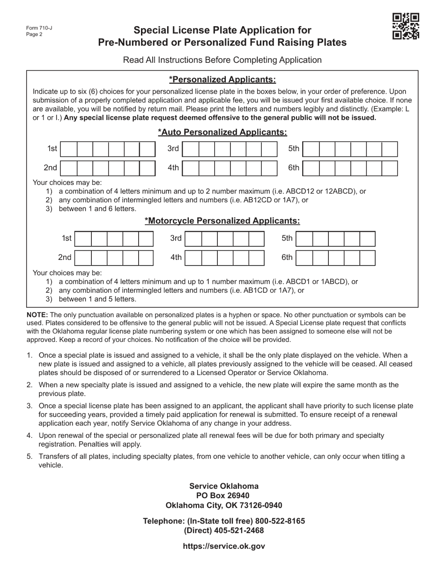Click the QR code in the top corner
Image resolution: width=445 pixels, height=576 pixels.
coord(406,26)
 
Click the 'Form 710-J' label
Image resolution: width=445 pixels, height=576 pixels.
coord(39,28)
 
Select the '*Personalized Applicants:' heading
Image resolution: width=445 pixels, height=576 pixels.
coord(222,79)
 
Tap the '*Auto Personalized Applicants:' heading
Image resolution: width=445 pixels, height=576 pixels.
coord(222,132)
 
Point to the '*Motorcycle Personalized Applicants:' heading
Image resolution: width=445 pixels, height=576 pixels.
coord(222,221)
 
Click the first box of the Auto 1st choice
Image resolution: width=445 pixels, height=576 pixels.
coord(69,149)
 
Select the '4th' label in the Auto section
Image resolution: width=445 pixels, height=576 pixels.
coord(173,168)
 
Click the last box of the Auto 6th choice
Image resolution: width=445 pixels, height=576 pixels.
coord(390,168)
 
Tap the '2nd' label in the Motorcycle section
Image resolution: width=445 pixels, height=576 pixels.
coord(65,257)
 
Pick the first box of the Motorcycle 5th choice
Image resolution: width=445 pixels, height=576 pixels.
coord(304,239)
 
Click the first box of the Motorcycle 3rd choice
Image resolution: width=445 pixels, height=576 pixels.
coord(193,239)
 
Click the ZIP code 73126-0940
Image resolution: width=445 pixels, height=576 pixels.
coord(259,505)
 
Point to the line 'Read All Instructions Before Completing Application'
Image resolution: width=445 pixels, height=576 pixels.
coord(222,60)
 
